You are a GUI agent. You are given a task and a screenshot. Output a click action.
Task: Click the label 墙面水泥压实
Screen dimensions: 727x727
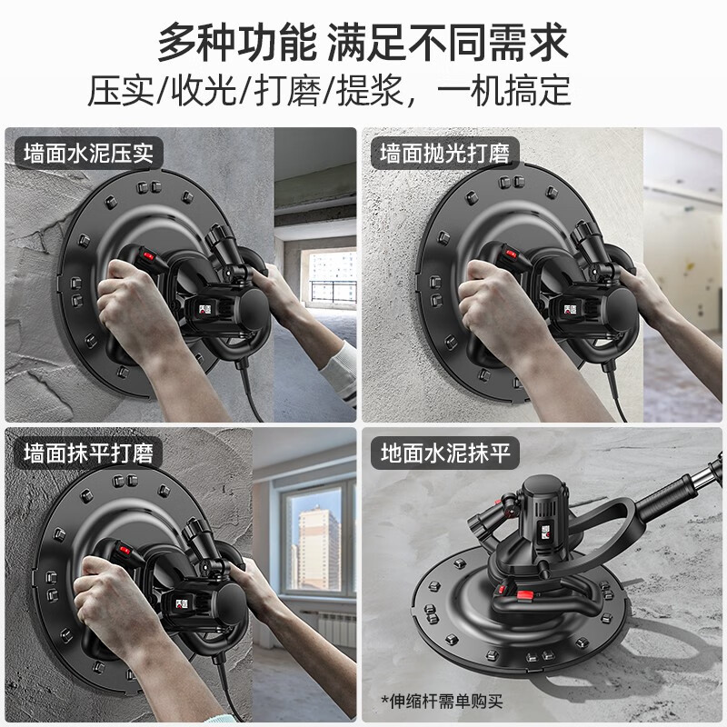pos(89,152)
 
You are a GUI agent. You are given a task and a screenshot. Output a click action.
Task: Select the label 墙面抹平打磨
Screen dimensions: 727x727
pos(89,452)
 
